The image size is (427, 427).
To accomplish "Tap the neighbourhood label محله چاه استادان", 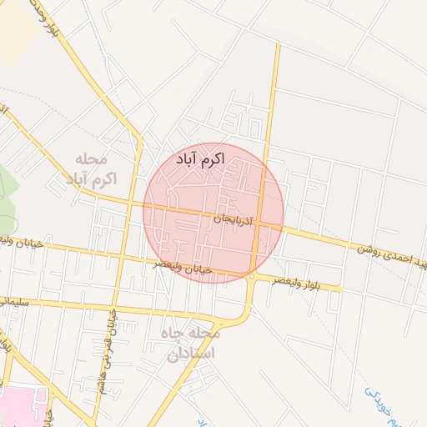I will pyautogui.click(x=192, y=343).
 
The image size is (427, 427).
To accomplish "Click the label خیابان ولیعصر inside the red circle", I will pyautogui.click(x=183, y=267).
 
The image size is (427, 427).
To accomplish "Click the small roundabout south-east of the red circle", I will pyautogui.click(x=251, y=276).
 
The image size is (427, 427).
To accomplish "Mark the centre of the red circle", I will pyautogui.click(x=213, y=213).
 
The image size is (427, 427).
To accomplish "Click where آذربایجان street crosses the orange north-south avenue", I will pyautogui.click(x=261, y=224).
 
